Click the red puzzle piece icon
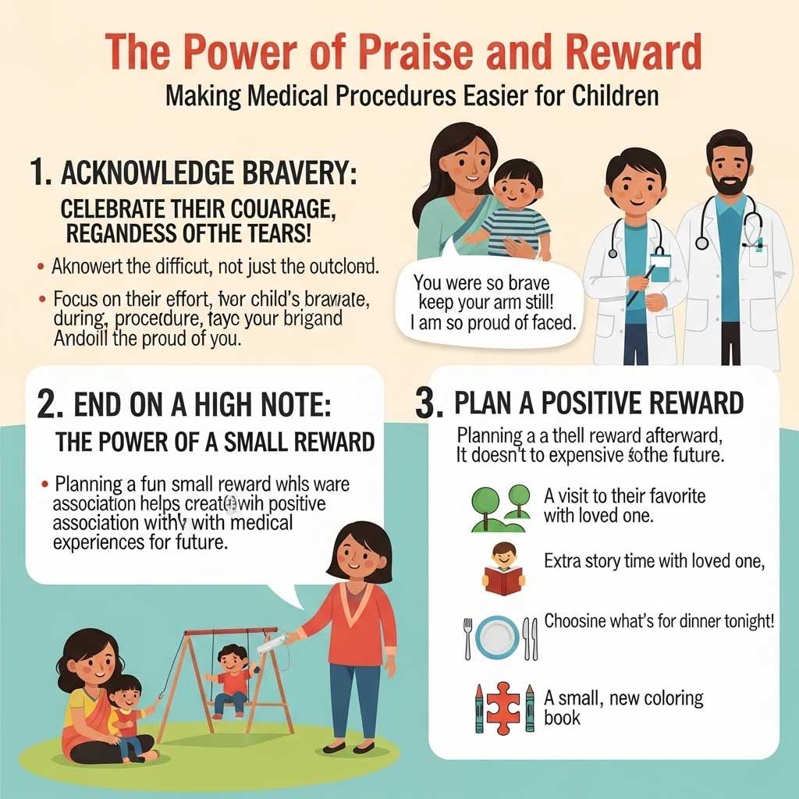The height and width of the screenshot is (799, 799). tap(503, 707)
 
